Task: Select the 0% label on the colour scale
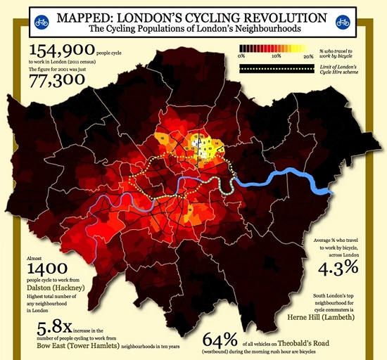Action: point(241,55)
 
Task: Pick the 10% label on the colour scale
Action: point(276,55)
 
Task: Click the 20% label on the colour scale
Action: point(308,55)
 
